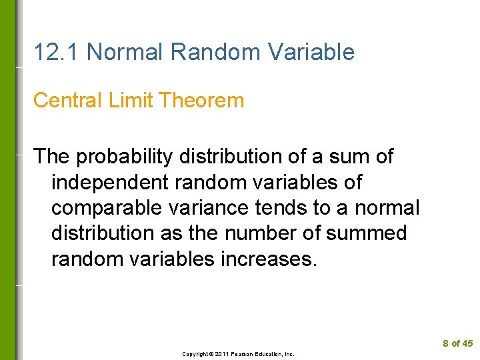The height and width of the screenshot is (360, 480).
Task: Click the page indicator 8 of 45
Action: tap(457, 343)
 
